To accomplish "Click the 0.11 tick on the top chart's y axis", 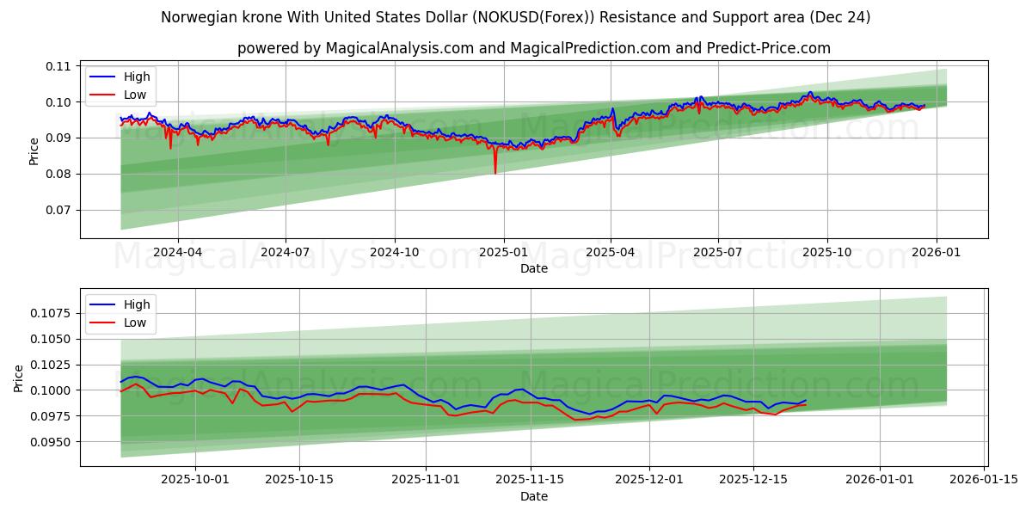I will click(x=58, y=66).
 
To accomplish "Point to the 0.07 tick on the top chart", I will click(x=58, y=210).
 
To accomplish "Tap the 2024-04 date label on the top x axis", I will click(x=178, y=253).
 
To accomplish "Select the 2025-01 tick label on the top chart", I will click(x=503, y=253).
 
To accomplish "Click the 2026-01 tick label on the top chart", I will click(x=936, y=253).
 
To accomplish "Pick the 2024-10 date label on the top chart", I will click(x=395, y=253).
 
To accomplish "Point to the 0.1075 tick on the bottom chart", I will click(x=52, y=313).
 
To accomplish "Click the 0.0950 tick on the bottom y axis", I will click(x=52, y=442).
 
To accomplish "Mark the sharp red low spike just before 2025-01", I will click(x=494, y=171).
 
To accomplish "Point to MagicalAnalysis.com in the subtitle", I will click(x=399, y=48).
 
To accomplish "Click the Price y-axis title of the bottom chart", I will click(x=20, y=378).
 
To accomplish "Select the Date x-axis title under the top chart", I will click(x=533, y=268).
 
